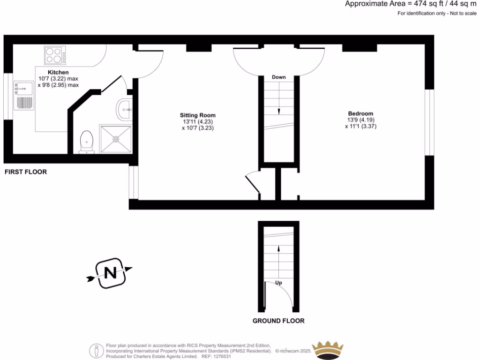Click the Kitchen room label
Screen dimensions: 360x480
pyautogui.click(x=58, y=73)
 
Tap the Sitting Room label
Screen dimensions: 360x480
pyautogui.click(x=198, y=115)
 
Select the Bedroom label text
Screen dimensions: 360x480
pyautogui.click(x=360, y=113)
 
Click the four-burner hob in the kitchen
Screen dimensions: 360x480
pyautogui.click(x=55, y=55)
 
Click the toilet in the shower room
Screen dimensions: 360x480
pyautogui.click(x=86, y=142)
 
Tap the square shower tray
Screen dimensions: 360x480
pyautogui.click(x=116, y=139)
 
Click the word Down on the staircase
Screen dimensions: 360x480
pyautogui.click(x=279, y=77)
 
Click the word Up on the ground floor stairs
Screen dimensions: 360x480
pyautogui.click(x=279, y=283)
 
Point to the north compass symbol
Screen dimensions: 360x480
pyautogui.click(x=110, y=272)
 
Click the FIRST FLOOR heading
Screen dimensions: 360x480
pyautogui.click(x=26, y=172)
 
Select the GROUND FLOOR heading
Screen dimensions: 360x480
pyautogui.click(x=278, y=321)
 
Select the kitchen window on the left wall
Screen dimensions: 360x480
pyautogui.click(x=7, y=97)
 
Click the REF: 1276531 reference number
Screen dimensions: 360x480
pyautogui.click(x=216, y=356)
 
